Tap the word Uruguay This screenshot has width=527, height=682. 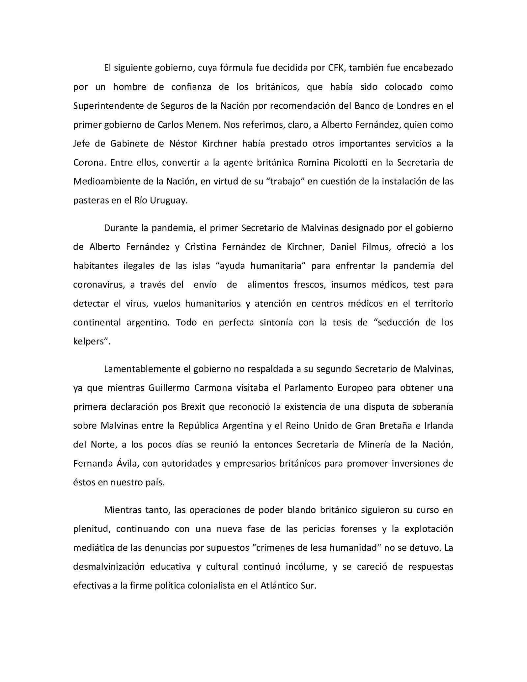click(x=169, y=201)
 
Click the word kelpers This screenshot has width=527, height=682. click(x=92, y=341)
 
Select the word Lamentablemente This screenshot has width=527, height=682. click(x=142, y=369)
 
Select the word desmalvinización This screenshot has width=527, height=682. click(x=109, y=567)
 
